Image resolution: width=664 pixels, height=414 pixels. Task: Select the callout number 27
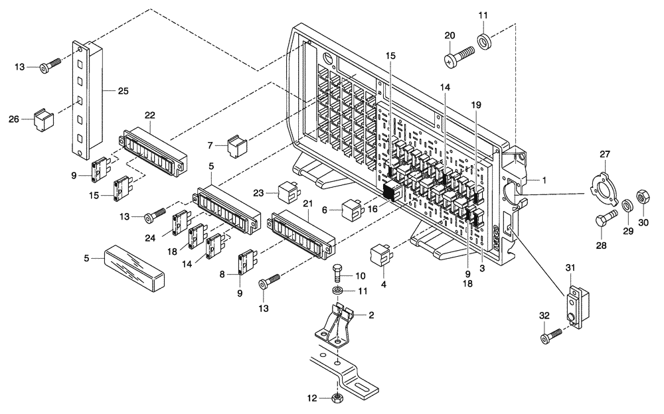pyautogui.click(x=605, y=155)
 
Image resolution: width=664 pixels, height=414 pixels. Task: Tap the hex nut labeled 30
pyautogui.click(x=643, y=197)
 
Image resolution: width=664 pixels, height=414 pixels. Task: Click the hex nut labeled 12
pyautogui.click(x=337, y=398)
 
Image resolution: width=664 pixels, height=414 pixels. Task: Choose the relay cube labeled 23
pyautogui.click(x=288, y=191)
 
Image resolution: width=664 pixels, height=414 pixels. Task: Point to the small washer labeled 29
pyautogui.click(x=625, y=204)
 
